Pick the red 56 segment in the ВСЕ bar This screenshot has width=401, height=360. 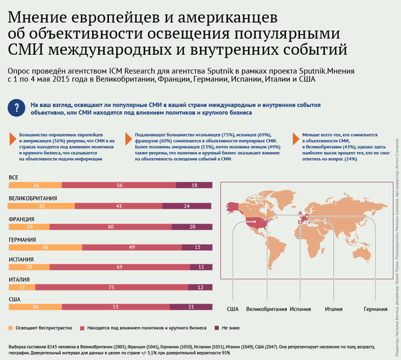[120, 185]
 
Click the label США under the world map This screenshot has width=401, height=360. [233, 310]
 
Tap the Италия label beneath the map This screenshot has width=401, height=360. [333, 310]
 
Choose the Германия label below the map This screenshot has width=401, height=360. [375, 310]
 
